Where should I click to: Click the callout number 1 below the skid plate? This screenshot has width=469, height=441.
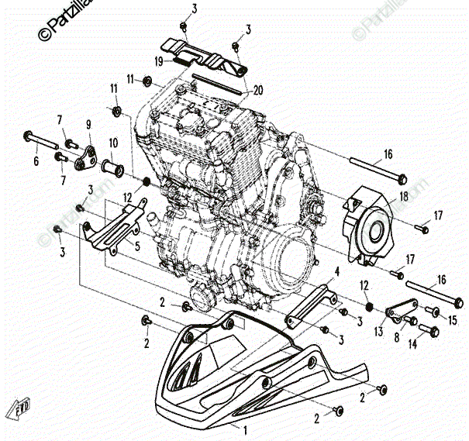[246, 429]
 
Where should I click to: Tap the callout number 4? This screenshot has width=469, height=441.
[337, 271]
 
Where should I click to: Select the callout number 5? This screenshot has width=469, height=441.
[137, 247]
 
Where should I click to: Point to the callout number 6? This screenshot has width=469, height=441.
[35, 161]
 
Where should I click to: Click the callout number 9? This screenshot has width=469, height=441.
[88, 125]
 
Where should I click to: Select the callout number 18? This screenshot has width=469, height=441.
[403, 197]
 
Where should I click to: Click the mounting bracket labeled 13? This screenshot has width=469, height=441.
[395, 311]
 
